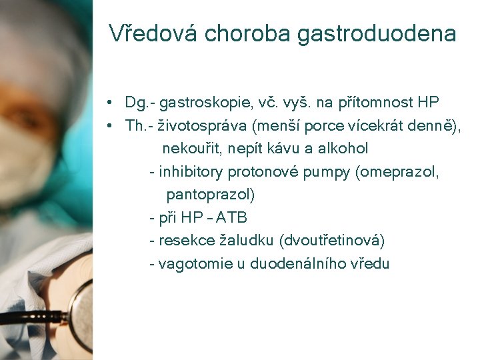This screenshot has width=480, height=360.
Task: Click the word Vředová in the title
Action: tap(153, 33)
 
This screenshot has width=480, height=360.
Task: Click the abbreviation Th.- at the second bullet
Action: tap(142, 125)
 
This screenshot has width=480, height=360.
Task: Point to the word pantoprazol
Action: tap(210, 195)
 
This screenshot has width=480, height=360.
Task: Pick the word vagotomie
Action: tap(191, 263)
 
